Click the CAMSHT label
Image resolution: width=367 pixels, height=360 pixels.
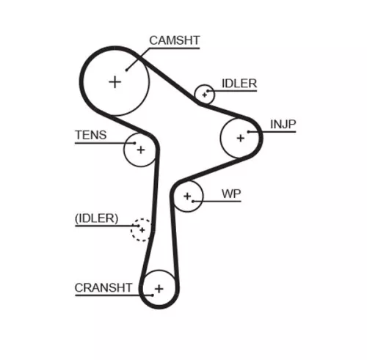pyautogui.click(x=174, y=40)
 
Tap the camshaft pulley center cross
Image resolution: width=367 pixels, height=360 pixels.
pyautogui.click(x=115, y=81)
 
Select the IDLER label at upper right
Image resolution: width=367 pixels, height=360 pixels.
pyautogui.click(x=239, y=84)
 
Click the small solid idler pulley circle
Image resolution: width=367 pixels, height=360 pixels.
pyautogui.click(x=204, y=94)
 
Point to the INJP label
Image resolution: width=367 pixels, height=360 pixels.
pyautogui.click(x=283, y=124)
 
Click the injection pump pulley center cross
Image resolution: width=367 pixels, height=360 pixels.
pyautogui.click(x=240, y=137)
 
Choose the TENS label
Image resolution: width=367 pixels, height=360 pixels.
pyautogui.click(x=90, y=135)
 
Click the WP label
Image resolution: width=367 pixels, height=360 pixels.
pyautogui.click(x=231, y=194)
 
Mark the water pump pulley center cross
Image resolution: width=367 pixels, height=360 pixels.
pyautogui.click(x=188, y=196)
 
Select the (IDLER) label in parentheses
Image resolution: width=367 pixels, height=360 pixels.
pyautogui.click(x=96, y=218)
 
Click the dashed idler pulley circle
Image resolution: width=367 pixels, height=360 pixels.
pyautogui.click(x=140, y=229)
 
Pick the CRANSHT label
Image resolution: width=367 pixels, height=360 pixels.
pyautogui.click(x=103, y=287)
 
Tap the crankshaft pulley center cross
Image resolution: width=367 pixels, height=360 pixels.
pyautogui.click(x=159, y=288)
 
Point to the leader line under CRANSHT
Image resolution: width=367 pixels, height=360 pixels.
pyautogui.click(x=106, y=295)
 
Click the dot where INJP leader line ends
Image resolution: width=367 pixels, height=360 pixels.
pyautogui.click(x=250, y=132)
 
